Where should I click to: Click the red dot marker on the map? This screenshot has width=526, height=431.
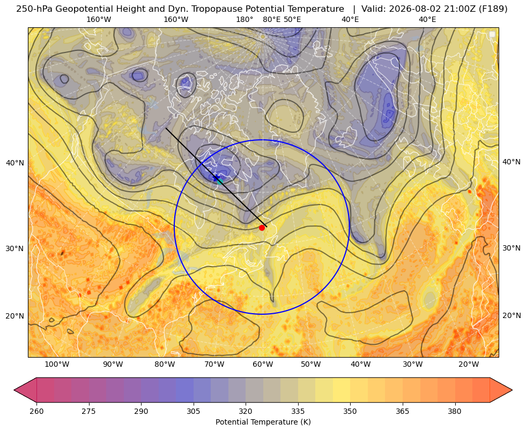[262, 228]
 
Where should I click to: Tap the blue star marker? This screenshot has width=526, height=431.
[217, 178]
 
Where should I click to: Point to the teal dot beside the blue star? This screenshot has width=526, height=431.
[220, 181]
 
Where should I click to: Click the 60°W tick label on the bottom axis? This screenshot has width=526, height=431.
[263, 365]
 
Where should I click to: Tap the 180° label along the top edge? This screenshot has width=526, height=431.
[245, 19]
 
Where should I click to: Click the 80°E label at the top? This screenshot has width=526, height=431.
[271, 19]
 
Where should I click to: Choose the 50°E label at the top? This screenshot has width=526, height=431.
[292, 19]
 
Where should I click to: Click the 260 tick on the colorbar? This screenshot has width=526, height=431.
[36, 411]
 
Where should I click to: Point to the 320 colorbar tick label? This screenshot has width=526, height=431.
[246, 411]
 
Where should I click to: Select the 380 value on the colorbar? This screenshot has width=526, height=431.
[455, 411]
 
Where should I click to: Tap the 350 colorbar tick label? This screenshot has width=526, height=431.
[350, 411]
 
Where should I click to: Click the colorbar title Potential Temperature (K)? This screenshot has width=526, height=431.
[263, 422]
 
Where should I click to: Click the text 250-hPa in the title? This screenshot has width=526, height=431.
[34, 9]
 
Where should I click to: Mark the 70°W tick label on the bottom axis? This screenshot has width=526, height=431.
[214, 365]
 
